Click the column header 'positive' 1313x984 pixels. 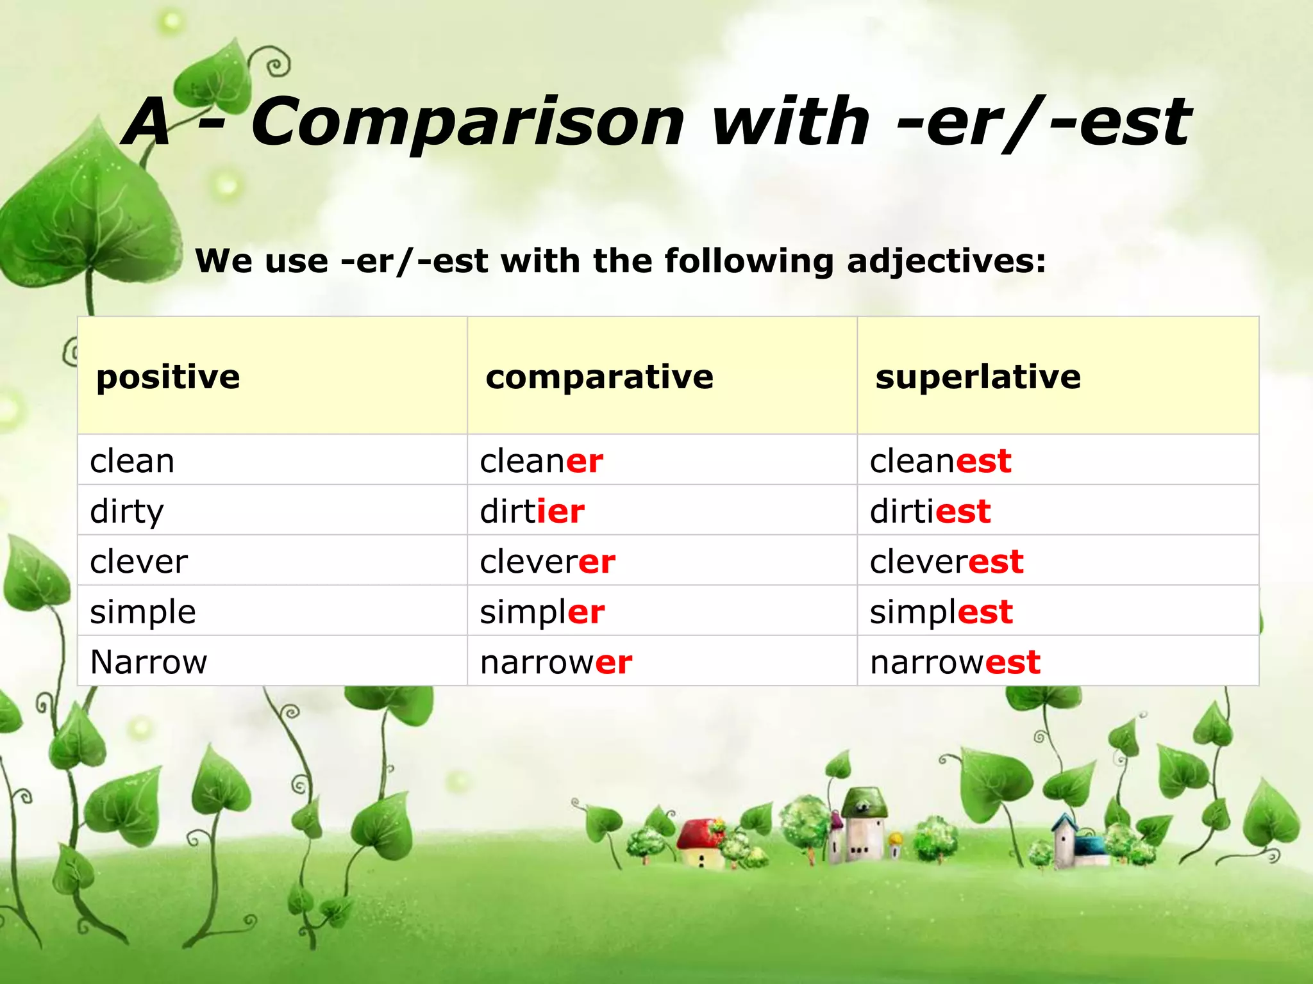pos(168,377)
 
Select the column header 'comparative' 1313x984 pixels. pos(599,377)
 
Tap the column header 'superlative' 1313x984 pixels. pos(978,377)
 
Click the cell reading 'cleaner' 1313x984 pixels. pos(541,461)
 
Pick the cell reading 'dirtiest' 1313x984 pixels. pos(930,511)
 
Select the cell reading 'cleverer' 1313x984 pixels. pos(548,562)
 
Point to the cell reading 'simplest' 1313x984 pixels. pos(941,612)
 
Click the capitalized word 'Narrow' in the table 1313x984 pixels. pos(149,662)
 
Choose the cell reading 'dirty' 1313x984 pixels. pos(127,511)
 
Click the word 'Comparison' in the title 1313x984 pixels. pos(468,122)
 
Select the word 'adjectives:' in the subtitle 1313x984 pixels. pos(946,261)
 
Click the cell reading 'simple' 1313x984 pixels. pos(143,612)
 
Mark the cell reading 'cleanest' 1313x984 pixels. pos(941,461)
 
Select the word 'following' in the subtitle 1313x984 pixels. pos(749,261)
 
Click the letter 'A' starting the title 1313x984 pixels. pos(149,122)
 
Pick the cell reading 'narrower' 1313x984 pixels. pos(556,662)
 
